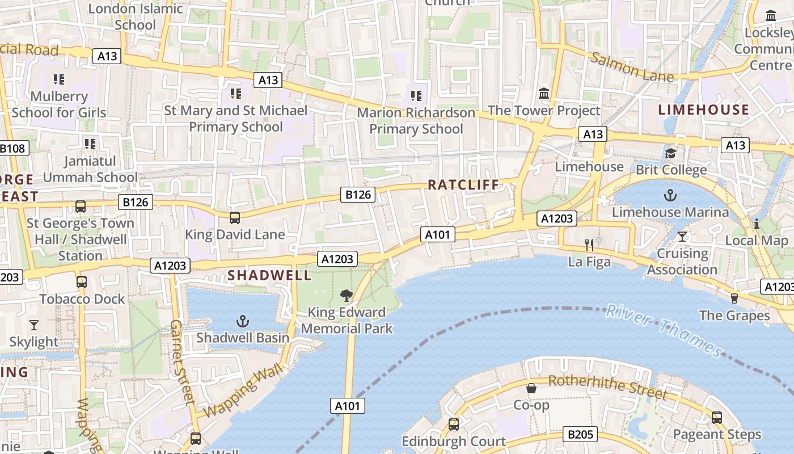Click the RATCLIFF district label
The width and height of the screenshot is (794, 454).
(x=463, y=184)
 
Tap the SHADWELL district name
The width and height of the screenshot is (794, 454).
(x=269, y=276)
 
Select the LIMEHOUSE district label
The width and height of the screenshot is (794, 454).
(x=703, y=110)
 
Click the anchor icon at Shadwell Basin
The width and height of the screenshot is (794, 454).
(x=243, y=322)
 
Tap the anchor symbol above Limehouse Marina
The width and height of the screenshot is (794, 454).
(x=670, y=196)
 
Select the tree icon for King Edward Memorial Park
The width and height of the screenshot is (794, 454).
(x=346, y=296)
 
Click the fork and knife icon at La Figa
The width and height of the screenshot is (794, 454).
(x=589, y=245)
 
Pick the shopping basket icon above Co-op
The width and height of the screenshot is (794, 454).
(x=531, y=389)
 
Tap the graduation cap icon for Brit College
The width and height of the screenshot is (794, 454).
(x=671, y=153)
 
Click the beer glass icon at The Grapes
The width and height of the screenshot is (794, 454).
(x=734, y=299)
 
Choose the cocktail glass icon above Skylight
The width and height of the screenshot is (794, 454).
(x=34, y=325)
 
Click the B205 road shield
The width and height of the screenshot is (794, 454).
(x=580, y=435)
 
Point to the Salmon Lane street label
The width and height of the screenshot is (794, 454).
(x=632, y=66)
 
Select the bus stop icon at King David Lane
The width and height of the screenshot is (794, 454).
(x=235, y=217)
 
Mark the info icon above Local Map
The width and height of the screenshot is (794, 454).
(x=756, y=224)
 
